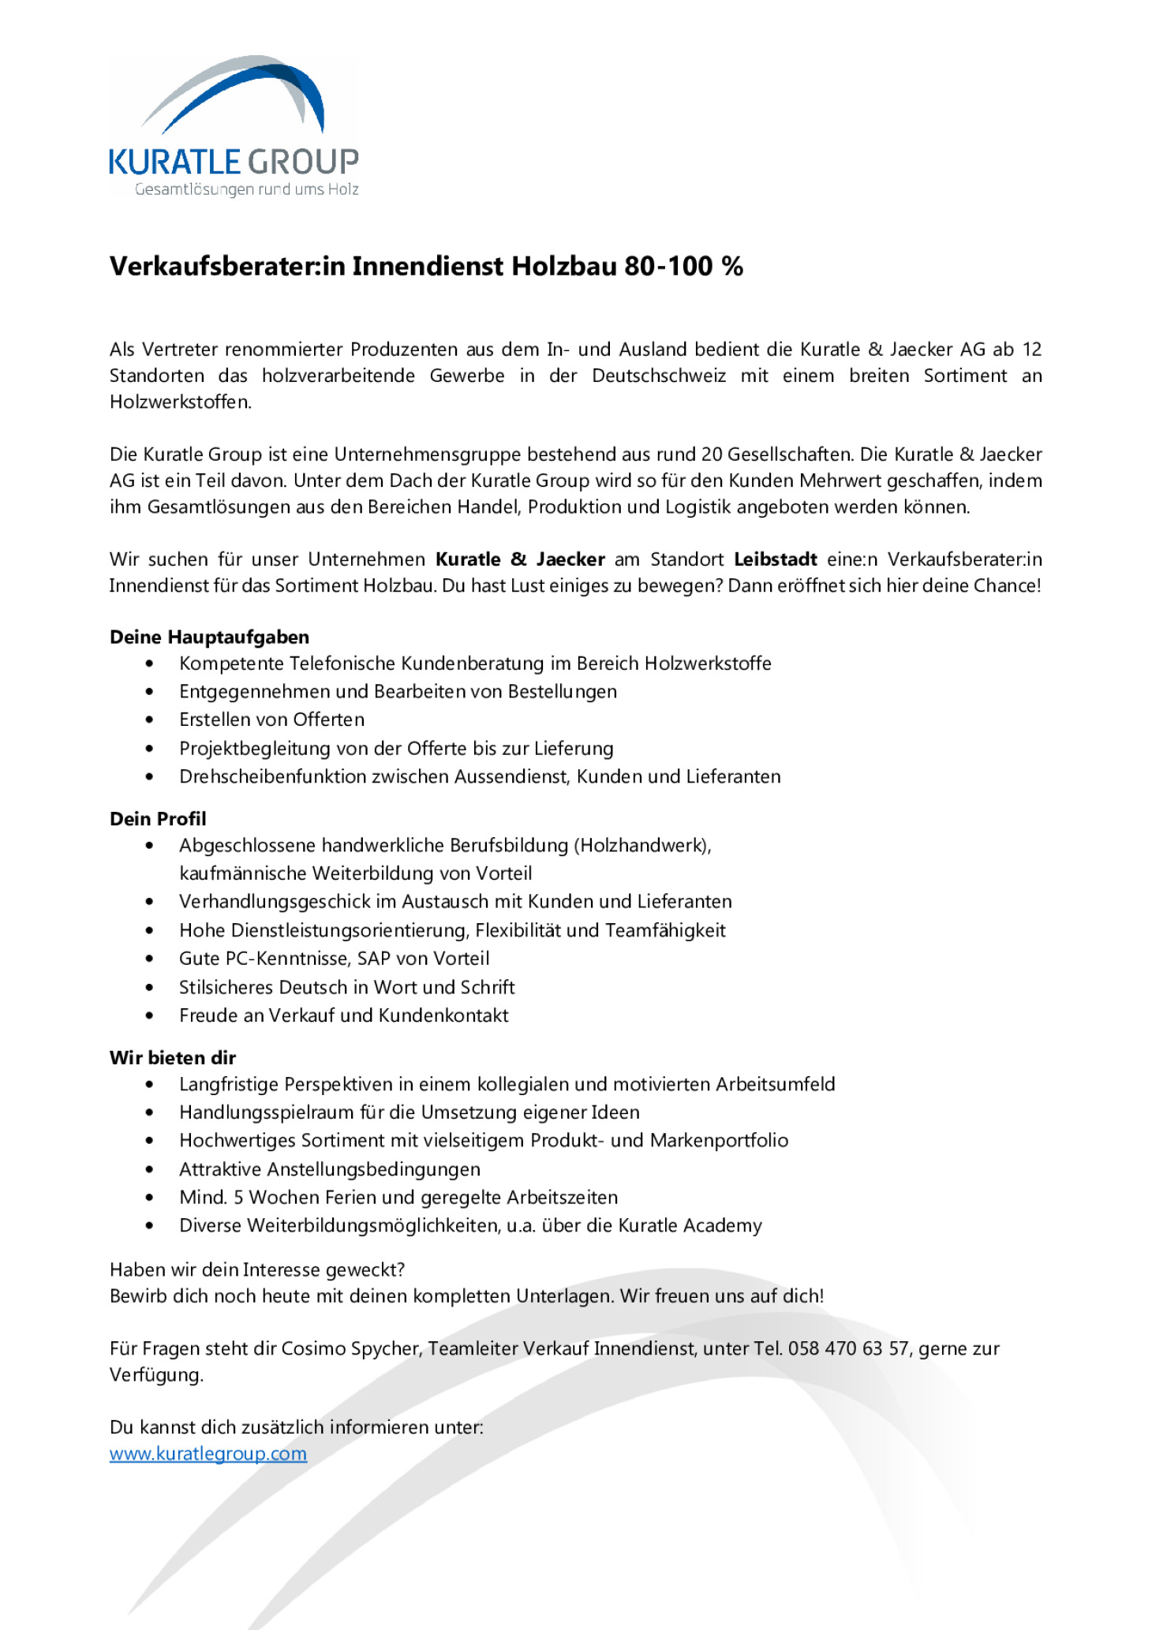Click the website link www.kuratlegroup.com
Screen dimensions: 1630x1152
click(208, 1453)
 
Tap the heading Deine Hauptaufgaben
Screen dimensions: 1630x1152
click(209, 637)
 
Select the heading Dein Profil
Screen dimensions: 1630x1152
click(158, 818)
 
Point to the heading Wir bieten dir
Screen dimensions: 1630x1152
click(173, 1057)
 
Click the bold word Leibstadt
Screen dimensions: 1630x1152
click(775, 559)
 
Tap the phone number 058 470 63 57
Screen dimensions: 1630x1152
click(848, 1348)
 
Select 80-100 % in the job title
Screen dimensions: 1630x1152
click(683, 267)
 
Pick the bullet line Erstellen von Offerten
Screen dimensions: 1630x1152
click(271, 720)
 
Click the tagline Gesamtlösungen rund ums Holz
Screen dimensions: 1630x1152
click(246, 189)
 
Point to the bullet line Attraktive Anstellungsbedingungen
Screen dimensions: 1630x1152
click(329, 1169)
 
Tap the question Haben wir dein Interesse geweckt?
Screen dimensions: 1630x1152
click(257, 1269)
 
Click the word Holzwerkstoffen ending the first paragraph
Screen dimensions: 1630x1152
click(180, 402)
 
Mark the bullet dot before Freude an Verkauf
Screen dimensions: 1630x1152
click(150, 1015)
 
